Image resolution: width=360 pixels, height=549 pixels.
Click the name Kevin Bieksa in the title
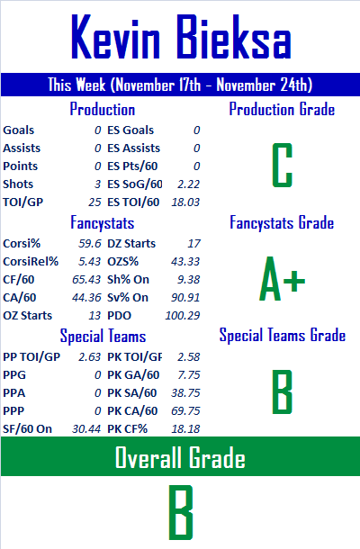click(x=181, y=37)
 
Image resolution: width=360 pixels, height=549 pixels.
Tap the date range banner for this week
click(x=180, y=85)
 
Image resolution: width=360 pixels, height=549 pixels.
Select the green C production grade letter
click(x=283, y=165)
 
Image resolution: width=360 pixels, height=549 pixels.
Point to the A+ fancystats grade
click(x=283, y=279)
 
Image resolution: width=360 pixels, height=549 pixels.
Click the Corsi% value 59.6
click(x=90, y=243)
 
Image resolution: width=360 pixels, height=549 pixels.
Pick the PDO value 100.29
click(x=183, y=316)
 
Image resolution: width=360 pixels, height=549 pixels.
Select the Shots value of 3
click(x=98, y=184)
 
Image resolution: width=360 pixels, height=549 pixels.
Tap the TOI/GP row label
click(x=23, y=202)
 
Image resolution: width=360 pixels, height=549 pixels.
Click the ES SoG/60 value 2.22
click(x=188, y=184)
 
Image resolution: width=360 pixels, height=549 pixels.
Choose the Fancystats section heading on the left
click(x=103, y=222)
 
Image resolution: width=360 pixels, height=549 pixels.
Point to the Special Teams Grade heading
click(x=283, y=335)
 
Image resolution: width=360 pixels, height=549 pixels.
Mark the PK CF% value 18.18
click(x=185, y=429)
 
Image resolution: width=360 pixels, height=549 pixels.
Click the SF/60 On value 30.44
click(x=86, y=429)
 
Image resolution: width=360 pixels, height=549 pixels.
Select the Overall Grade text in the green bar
click(x=180, y=457)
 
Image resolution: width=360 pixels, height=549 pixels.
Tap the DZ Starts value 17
click(x=194, y=243)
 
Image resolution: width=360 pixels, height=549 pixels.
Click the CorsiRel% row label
click(x=31, y=262)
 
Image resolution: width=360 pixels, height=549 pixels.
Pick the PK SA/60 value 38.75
click(x=185, y=392)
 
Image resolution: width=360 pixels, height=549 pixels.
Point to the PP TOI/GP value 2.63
click(x=90, y=356)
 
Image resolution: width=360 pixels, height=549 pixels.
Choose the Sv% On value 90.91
click(x=185, y=298)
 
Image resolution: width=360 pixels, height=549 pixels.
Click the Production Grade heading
click(x=283, y=109)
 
